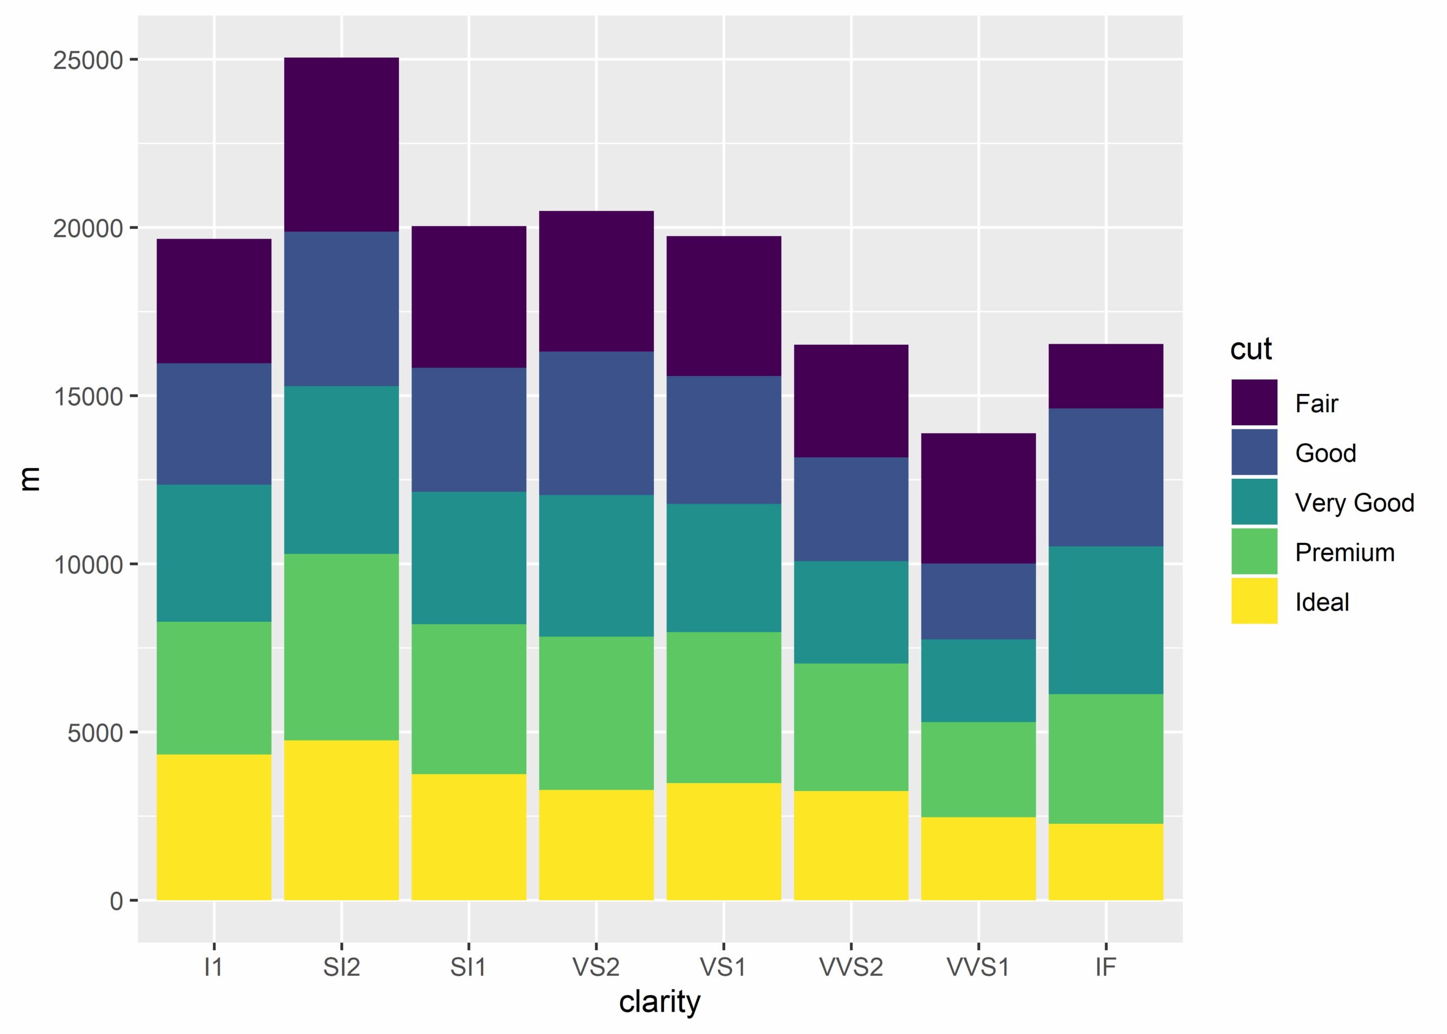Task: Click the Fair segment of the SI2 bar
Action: pos(341,145)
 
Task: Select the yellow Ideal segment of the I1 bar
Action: pos(214,827)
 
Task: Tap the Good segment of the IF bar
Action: pos(1106,477)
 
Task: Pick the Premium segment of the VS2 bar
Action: pos(596,713)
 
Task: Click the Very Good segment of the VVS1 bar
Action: pos(978,681)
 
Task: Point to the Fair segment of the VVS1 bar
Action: pos(978,498)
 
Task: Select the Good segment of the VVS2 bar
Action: pos(851,509)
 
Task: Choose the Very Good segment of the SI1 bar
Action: pos(469,558)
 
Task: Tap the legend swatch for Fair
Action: pos(1254,403)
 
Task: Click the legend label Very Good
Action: pos(1354,503)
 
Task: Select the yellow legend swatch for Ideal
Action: pos(1254,601)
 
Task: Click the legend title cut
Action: pos(1250,349)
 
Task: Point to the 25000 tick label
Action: pos(88,60)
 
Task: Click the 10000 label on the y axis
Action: pos(88,564)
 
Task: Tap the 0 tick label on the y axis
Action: pos(116,901)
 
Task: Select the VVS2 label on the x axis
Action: pos(851,967)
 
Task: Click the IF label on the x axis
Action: pos(1106,967)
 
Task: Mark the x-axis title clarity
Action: pos(660,1002)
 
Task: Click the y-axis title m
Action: pos(29,478)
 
